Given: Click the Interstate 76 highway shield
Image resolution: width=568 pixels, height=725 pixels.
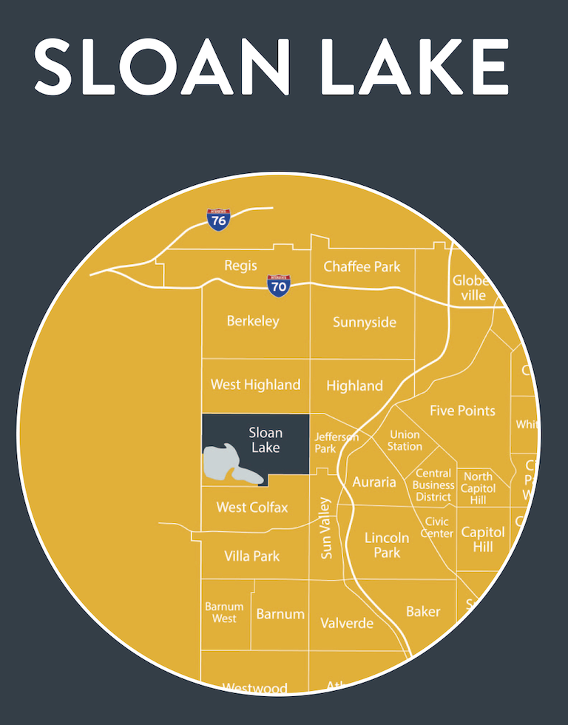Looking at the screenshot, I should (x=218, y=219).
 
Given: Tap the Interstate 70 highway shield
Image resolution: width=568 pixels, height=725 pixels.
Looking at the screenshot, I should (x=279, y=285).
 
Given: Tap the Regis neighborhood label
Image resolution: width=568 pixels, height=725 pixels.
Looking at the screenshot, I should (x=241, y=265).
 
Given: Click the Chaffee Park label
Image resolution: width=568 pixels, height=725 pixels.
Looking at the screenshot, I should (x=362, y=266).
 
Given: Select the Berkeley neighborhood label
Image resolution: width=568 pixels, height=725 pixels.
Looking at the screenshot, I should (x=253, y=320).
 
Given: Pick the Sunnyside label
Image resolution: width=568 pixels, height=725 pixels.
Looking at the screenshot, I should (x=365, y=322).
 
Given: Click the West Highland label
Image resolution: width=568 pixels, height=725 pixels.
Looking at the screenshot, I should (x=255, y=384).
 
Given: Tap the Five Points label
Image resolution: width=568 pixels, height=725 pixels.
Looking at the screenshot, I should (x=462, y=410).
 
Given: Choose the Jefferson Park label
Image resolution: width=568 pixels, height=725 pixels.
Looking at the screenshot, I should (x=336, y=442).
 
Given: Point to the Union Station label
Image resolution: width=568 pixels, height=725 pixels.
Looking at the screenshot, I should (x=405, y=440).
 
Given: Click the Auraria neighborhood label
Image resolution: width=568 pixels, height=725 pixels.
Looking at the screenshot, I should (x=374, y=482).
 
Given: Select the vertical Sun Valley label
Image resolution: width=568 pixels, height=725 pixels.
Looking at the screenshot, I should (x=326, y=527).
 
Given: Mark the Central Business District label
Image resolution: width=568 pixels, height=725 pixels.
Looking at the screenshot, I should (x=433, y=485).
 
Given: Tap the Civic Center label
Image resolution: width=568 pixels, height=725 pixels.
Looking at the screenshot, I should (x=437, y=527).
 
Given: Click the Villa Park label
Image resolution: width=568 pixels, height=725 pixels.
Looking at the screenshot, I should (x=252, y=556).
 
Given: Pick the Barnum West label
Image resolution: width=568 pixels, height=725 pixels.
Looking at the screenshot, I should (x=224, y=613).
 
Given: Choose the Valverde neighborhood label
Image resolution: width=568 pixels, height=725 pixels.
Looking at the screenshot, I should (x=347, y=623).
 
